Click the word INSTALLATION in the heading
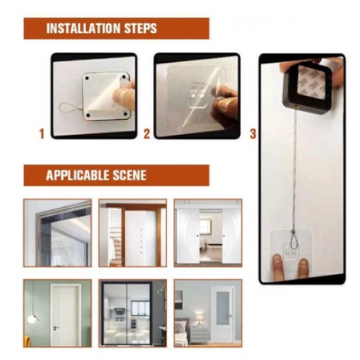pyautogui.click(x=84, y=28)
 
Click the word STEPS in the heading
pyautogui.click(x=141, y=28)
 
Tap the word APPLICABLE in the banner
pyautogui.click(x=78, y=175)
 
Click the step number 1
pyautogui.click(x=41, y=134)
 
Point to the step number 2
pyautogui.click(x=146, y=134)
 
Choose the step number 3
pyautogui.click(x=253, y=134)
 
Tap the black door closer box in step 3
pyautogui.click(x=307, y=88)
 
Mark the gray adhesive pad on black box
pyautogui.click(x=311, y=82)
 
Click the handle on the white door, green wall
pyautogui.click(x=56, y=328)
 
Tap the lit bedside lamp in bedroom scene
pyautogui.click(x=199, y=317)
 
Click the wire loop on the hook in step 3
pyautogui.click(x=292, y=241)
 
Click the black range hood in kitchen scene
pyautogui.click(x=119, y=311)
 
